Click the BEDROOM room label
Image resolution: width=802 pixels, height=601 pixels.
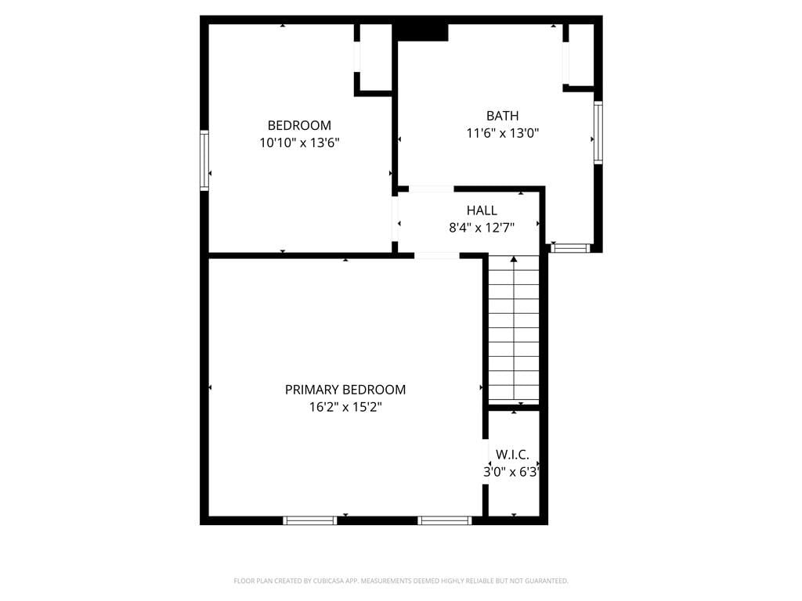pos(299,125)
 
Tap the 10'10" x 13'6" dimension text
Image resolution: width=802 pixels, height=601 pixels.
pos(299,142)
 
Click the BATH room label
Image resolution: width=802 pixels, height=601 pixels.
pos(502,116)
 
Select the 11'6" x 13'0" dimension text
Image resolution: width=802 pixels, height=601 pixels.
pos(502,133)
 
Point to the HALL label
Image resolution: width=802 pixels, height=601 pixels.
pos(482,210)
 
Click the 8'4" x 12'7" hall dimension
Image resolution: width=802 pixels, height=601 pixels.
pos(482,228)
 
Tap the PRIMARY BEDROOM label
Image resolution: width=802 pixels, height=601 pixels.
pos(345,390)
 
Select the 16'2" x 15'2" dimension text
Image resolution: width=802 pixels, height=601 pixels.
pos(345,407)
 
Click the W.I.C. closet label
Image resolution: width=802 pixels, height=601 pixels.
pos(512,455)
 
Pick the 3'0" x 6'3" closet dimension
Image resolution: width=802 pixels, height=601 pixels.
pos(511,472)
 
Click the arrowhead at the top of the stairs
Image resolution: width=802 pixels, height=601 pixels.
pos(514,260)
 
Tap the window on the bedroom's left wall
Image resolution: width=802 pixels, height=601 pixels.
pos(204,160)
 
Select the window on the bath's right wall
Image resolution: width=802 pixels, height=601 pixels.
pos(598,132)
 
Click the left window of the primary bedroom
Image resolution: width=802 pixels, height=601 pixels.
pos(310,520)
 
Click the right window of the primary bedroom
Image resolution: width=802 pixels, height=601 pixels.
pos(445,520)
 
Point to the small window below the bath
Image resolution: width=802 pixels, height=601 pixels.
pos(570,248)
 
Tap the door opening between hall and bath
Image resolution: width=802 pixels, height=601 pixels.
pos(431,189)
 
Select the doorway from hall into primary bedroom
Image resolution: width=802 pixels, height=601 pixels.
pos(437,256)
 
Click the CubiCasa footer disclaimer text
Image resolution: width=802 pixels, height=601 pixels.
pos(401,581)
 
